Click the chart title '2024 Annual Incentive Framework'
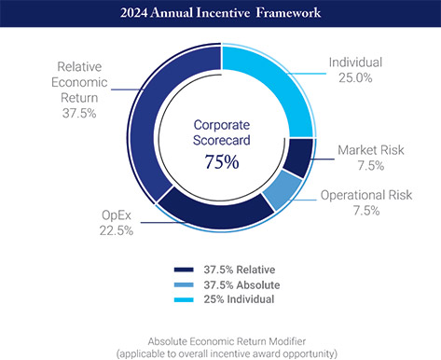[220, 14]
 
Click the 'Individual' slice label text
[356, 63]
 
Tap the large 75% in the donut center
[221, 161]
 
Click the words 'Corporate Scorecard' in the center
[221, 132]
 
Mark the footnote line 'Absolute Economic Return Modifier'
[221, 341]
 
